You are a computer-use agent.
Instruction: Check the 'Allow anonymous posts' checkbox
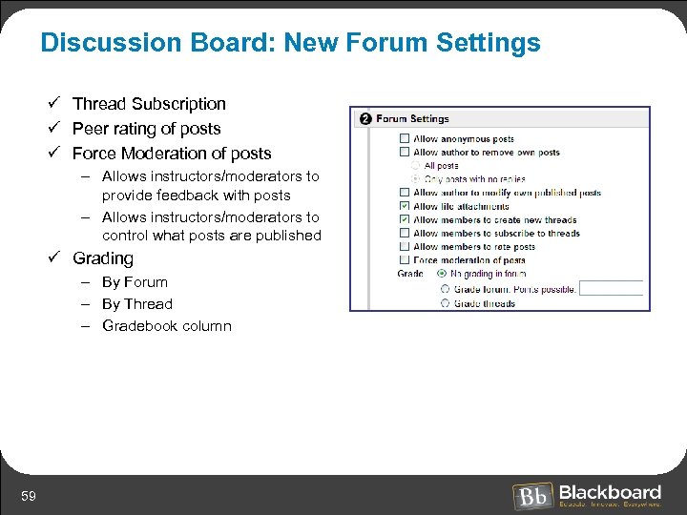[405, 139]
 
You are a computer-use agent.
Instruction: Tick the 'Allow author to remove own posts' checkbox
[405, 153]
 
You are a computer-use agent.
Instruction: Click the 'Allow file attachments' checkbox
[405, 206]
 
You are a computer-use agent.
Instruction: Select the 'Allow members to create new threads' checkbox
[405, 219]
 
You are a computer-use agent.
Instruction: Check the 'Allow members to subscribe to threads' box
[405, 233]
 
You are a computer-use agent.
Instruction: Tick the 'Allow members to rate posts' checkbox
[405, 246]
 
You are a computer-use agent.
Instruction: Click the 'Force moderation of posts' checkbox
[405, 259]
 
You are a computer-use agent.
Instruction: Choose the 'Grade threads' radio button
[445, 303]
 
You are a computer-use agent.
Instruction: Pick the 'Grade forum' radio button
[445, 289]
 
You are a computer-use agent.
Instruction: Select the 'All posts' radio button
[416, 166]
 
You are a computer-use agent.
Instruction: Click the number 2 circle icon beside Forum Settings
[364, 119]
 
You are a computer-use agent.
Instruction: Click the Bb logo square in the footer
[531, 497]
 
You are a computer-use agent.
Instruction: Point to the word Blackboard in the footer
[610, 492]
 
